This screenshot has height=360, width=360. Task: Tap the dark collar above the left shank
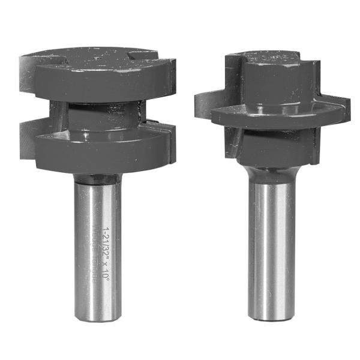pyautogui.click(x=96, y=178)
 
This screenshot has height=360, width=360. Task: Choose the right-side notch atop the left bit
pyautogui.click(x=144, y=55)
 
